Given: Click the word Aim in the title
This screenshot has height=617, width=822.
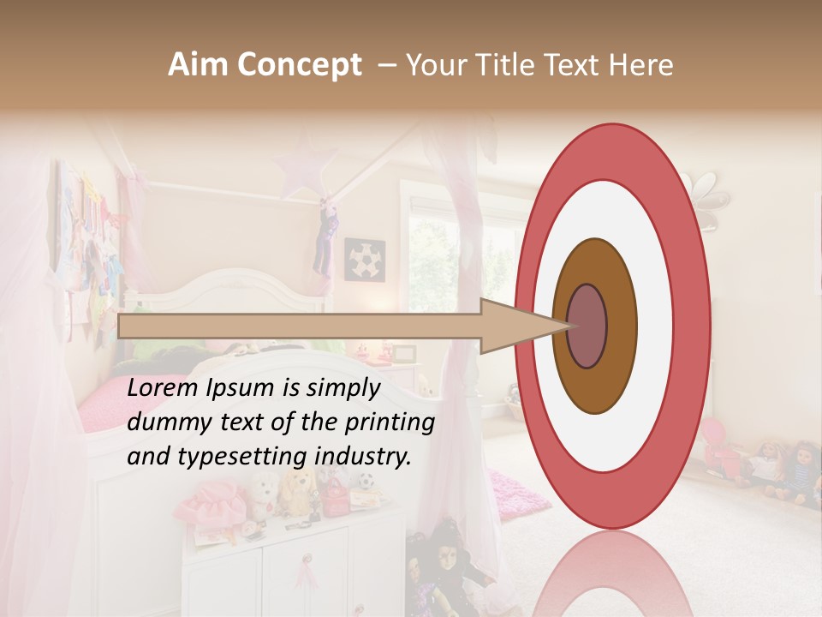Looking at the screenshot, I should click(200, 65).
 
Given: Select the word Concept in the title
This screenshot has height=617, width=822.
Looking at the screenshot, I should click(300, 65).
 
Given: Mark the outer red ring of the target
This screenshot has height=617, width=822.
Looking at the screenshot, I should click(695, 326).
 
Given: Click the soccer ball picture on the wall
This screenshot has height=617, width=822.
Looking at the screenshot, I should click(365, 259).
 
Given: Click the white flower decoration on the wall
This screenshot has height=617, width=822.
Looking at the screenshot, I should click(713, 199).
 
